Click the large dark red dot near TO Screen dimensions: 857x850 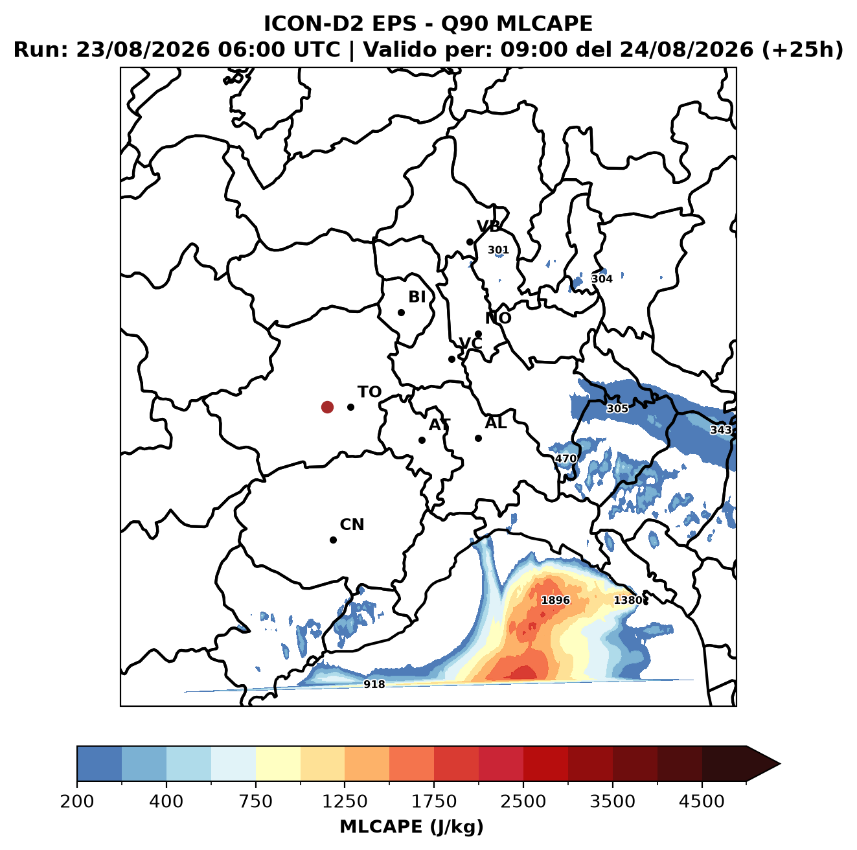[327, 407]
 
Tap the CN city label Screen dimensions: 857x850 [352, 525]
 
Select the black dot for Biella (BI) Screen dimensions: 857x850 [401, 312]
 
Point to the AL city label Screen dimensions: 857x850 [496, 422]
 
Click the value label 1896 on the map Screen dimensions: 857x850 [555, 600]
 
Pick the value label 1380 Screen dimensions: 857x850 [628, 600]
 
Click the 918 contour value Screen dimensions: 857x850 [374, 684]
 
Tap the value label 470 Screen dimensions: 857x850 [566, 459]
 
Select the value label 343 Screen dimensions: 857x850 [720, 430]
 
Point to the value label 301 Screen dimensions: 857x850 [498, 249]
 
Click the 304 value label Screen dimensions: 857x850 [601, 279]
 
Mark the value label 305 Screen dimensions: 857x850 [617, 408]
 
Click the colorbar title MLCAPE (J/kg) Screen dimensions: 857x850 [411, 827]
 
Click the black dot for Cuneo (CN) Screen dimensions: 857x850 [333, 540]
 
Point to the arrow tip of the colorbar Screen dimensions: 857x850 [780, 764]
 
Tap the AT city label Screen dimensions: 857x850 [439, 425]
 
